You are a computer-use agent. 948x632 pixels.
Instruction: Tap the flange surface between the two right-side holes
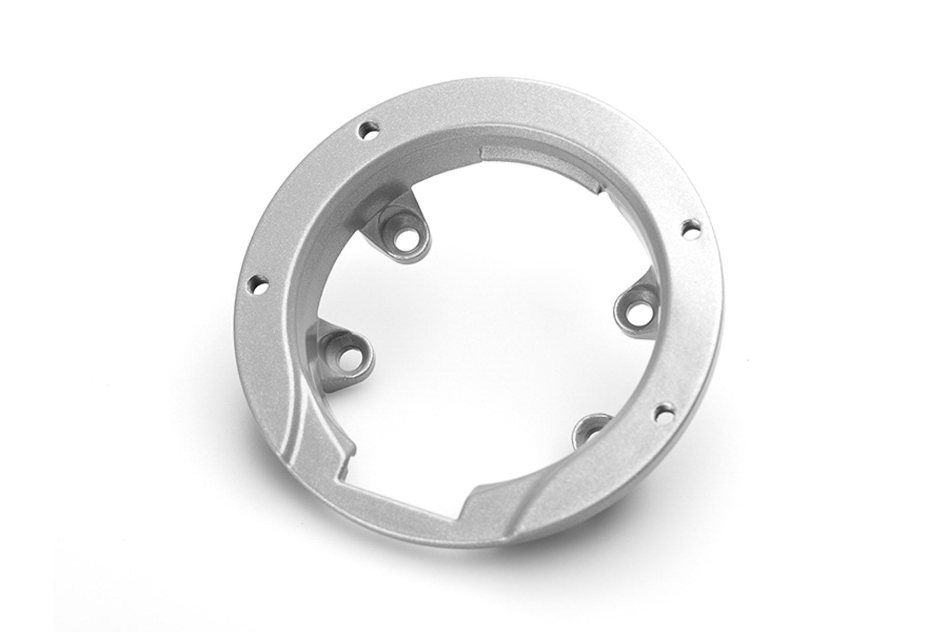pyautogui.click(x=685, y=322)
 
